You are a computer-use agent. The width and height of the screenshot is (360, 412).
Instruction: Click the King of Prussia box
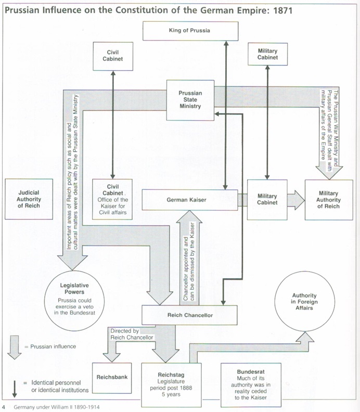(190, 31)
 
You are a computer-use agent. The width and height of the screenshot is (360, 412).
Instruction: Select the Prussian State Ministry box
(190, 100)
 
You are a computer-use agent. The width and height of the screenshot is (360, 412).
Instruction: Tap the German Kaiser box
(190, 200)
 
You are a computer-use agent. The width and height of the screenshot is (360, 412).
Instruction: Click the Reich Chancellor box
(189, 315)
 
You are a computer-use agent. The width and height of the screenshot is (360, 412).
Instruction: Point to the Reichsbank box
(112, 378)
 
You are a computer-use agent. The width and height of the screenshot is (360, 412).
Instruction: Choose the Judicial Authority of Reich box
(29, 199)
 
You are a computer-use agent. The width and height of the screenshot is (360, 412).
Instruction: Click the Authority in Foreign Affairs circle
(304, 301)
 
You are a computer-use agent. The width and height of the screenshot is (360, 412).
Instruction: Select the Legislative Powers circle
(74, 301)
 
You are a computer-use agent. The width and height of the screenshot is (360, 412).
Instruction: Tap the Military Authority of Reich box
(329, 200)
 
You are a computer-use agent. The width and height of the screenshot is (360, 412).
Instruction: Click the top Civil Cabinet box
(113, 56)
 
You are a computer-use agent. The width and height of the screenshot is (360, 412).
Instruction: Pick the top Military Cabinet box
(268, 54)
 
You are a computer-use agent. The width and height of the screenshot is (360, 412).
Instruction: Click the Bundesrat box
(251, 384)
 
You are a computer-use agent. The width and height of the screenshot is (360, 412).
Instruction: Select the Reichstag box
(171, 384)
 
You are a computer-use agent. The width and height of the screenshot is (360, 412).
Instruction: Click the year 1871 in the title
(282, 10)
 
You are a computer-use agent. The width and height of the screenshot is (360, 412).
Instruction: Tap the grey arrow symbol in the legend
(15, 347)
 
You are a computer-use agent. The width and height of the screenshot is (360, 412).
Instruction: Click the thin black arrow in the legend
(15, 389)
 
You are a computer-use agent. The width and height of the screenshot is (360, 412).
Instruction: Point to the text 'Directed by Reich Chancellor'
(132, 334)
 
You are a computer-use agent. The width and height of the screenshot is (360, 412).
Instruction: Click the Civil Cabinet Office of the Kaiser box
(112, 199)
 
